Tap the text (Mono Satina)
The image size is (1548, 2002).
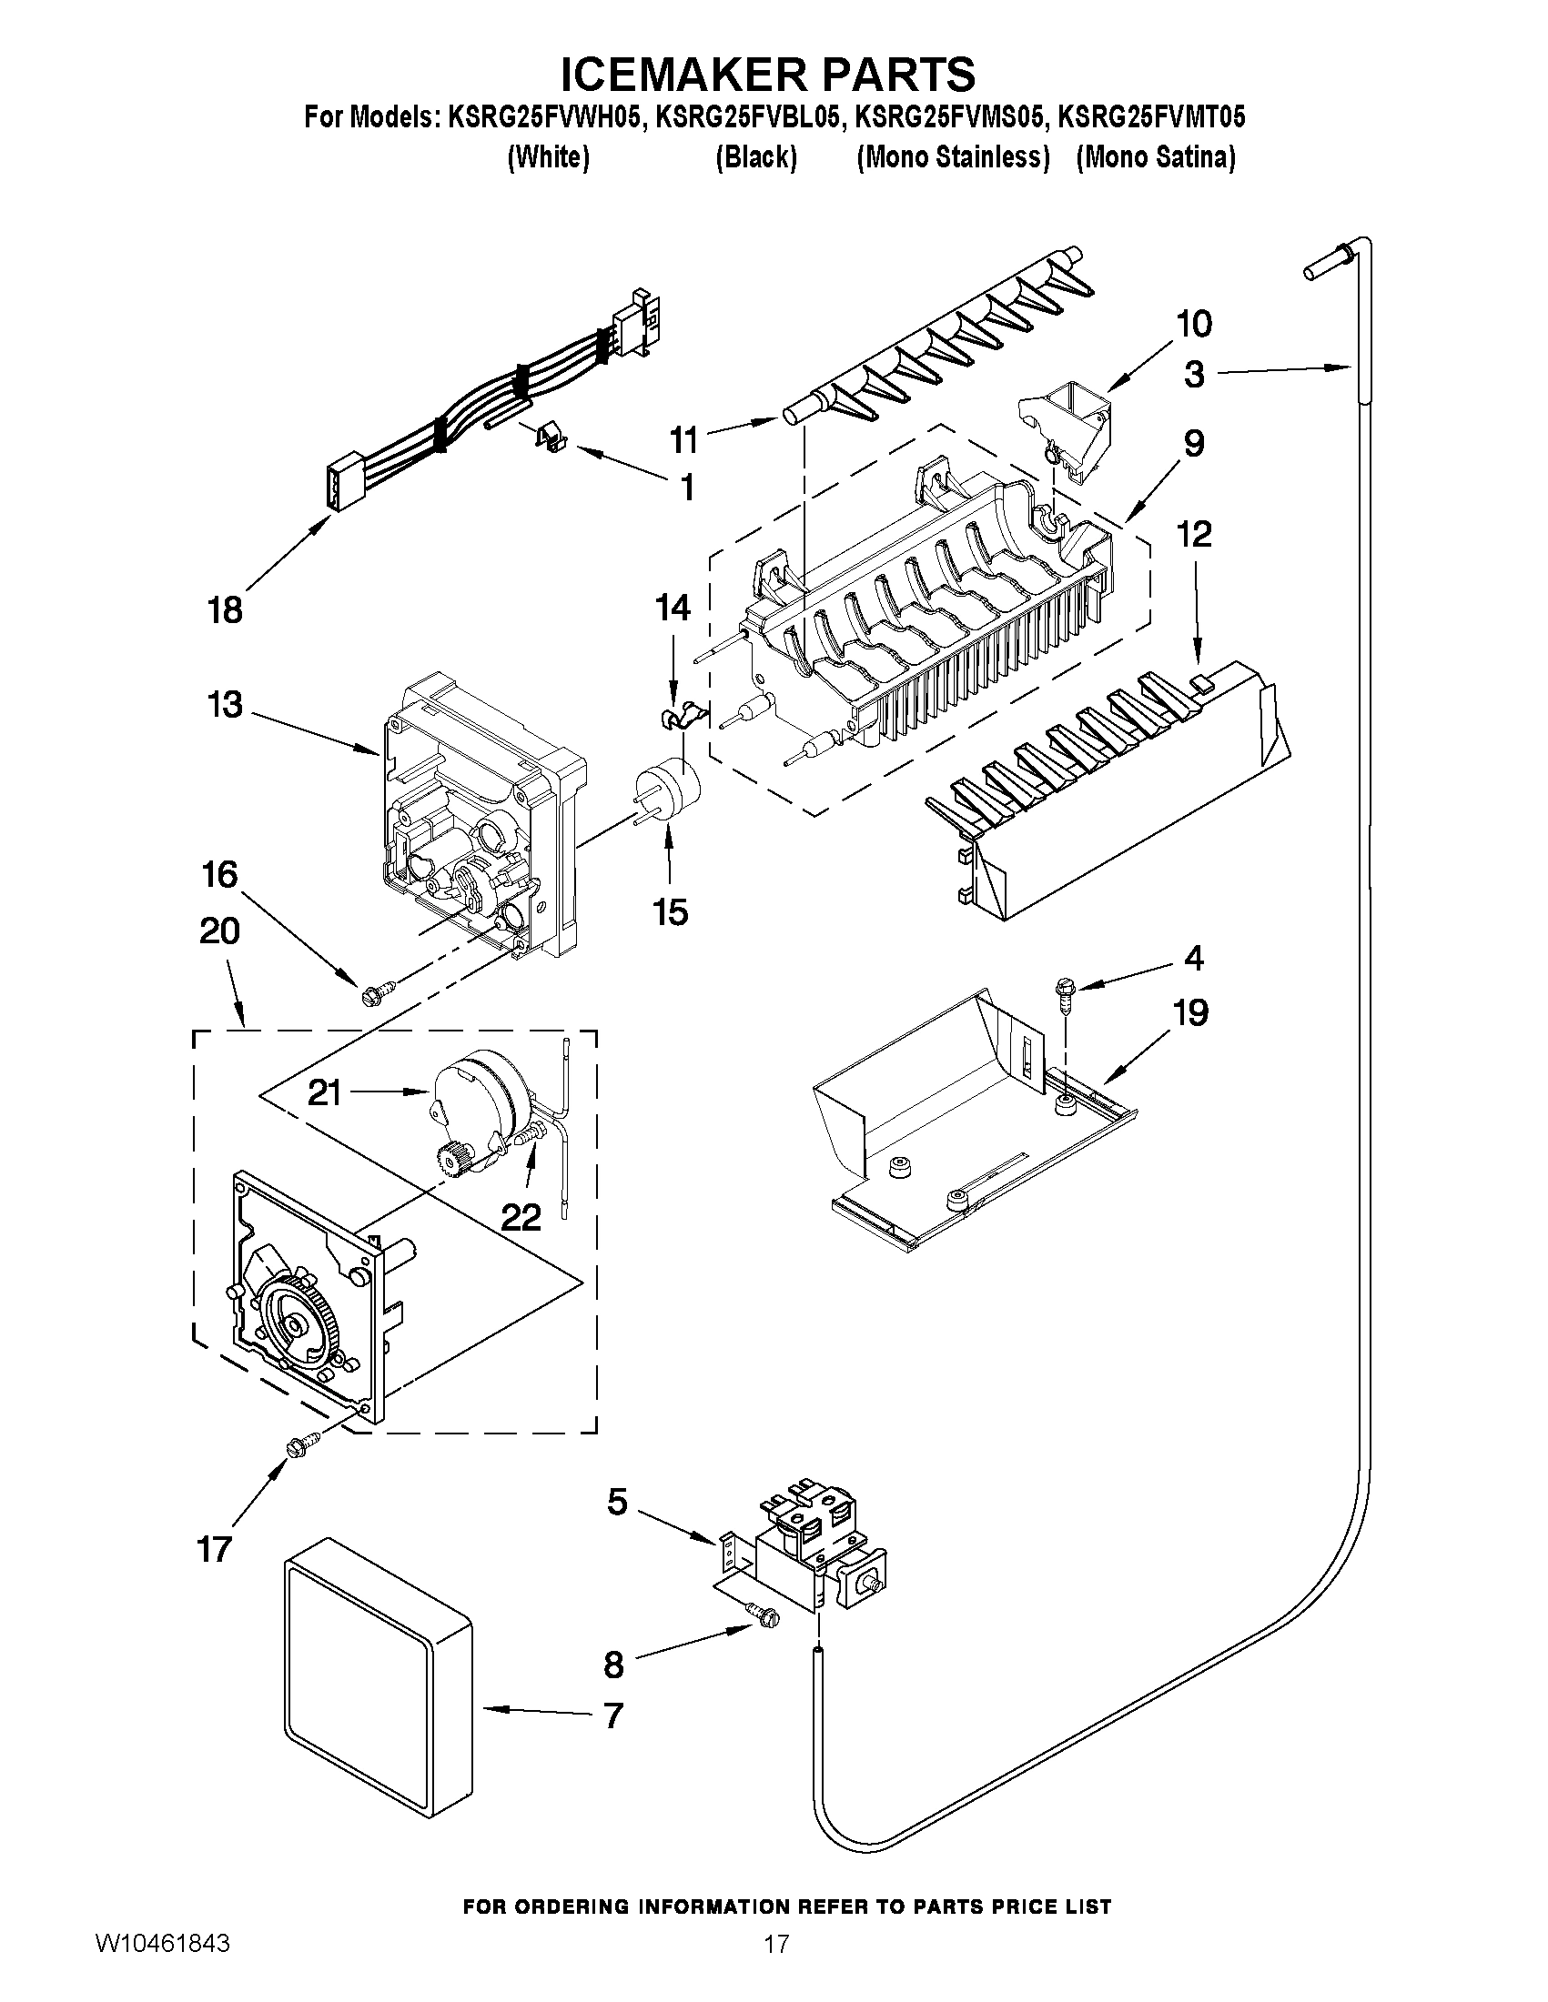1156,157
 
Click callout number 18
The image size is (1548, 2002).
225,609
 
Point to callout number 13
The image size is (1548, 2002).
225,705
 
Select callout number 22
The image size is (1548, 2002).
520,1216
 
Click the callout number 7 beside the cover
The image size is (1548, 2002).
613,1715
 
